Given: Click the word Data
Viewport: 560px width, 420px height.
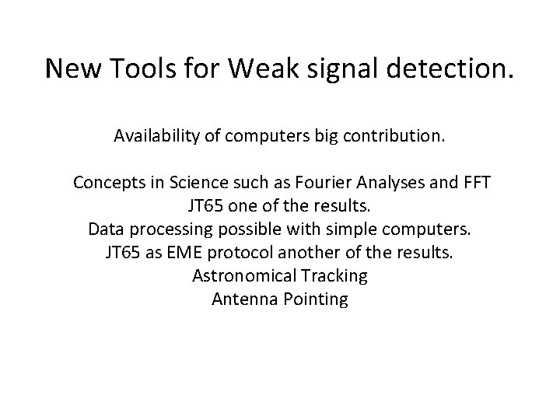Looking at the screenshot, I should tap(105, 229).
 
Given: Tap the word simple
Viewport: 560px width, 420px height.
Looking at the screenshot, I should tap(356, 229).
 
